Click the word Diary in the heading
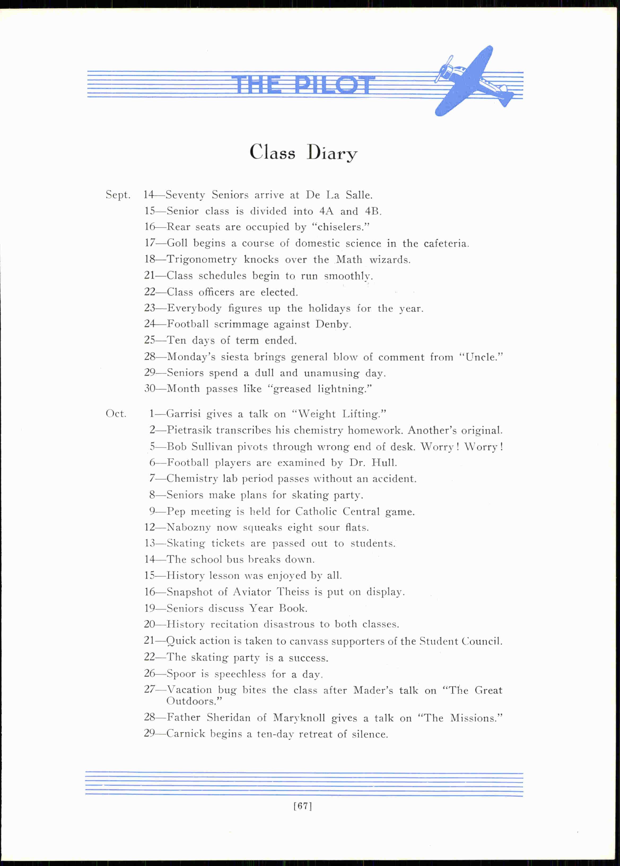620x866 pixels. (x=332, y=153)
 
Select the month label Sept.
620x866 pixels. (x=118, y=195)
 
